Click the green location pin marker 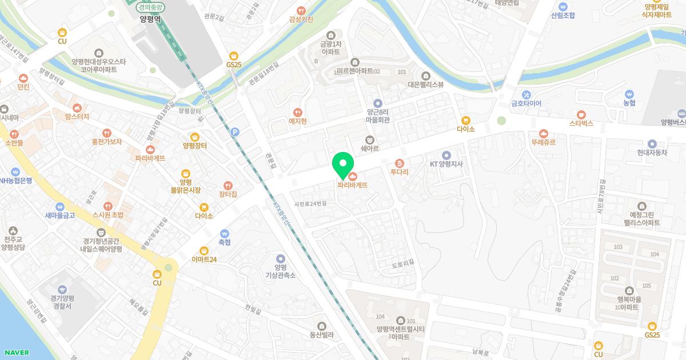click(x=342, y=165)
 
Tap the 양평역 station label click(x=150, y=18)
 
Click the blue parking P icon click(x=234, y=132)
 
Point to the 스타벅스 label click(x=581, y=123)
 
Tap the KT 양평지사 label click(x=446, y=164)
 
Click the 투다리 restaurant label click(x=399, y=171)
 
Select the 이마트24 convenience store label click(x=204, y=259)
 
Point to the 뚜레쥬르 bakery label click(x=543, y=142)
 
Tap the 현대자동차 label click(x=653, y=153)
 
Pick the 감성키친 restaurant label click(x=301, y=19)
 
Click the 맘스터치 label click(x=77, y=116)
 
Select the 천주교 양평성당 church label click(x=13, y=243)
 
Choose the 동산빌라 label click(x=321, y=335)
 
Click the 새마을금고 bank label click(x=60, y=215)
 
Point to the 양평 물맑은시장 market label click(x=186, y=185)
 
